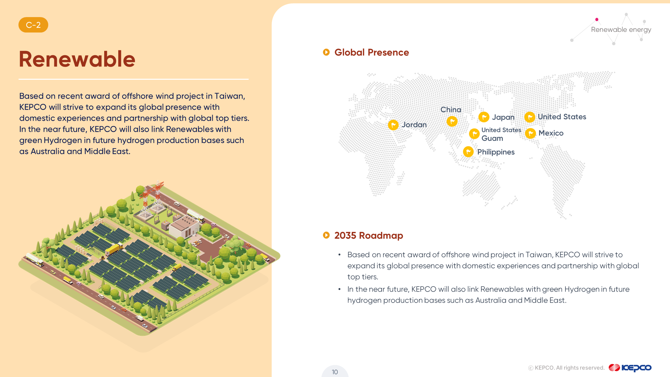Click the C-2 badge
click(x=33, y=25)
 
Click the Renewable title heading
click(x=77, y=59)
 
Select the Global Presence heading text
click(x=372, y=52)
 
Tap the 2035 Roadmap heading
click(x=368, y=235)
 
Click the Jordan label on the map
click(x=414, y=125)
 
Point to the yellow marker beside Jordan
click(x=393, y=125)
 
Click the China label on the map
click(x=451, y=110)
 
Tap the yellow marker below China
click(x=452, y=121)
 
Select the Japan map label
click(x=503, y=117)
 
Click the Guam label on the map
click(x=492, y=138)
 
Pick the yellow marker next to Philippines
click(x=468, y=152)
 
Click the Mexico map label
click(x=551, y=133)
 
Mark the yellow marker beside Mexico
click(x=530, y=133)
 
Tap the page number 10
click(x=335, y=372)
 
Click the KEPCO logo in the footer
click(x=630, y=368)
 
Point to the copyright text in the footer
click(x=566, y=368)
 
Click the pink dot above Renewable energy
click(x=597, y=19)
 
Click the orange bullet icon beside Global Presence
click(x=326, y=52)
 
